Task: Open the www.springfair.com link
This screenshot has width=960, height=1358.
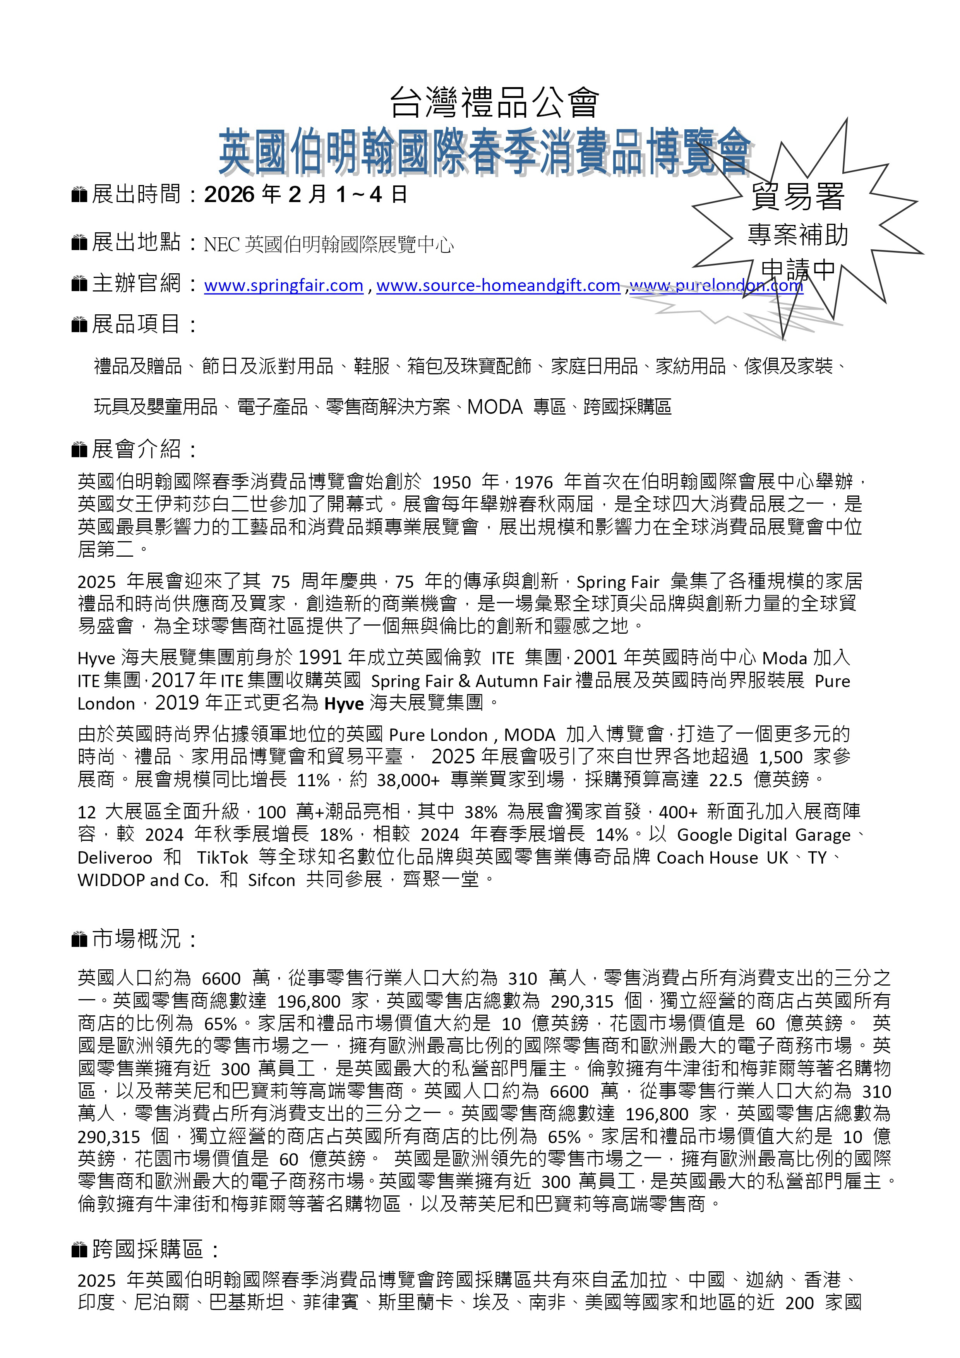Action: tap(283, 286)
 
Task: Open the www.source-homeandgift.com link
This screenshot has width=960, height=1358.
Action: tap(498, 286)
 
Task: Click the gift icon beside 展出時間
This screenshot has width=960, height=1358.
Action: tap(79, 195)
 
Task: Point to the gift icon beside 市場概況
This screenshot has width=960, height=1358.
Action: tap(79, 939)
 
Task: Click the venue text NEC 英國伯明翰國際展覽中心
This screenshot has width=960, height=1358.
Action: tap(328, 244)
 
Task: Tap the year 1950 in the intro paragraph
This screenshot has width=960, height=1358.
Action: tap(452, 483)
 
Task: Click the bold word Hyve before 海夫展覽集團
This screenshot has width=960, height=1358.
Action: tap(344, 703)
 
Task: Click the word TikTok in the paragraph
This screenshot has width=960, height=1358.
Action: tap(223, 857)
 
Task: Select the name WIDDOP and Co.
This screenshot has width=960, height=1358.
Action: tap(143, 880)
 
